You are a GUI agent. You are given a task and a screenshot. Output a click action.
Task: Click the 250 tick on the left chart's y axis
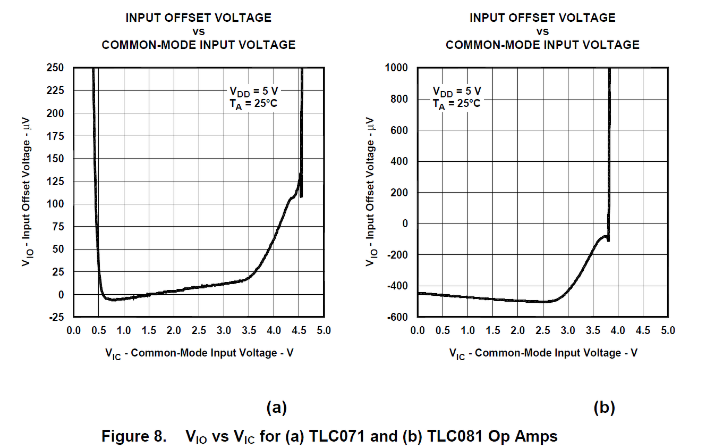[56, 68]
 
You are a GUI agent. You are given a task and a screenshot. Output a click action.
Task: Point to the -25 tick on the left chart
[56, 317]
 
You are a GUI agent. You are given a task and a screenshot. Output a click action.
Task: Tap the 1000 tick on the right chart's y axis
[396, 68]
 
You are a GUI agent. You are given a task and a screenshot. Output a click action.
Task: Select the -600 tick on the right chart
[397, 317]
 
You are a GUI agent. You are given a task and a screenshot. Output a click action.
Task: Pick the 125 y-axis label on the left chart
[56, 181]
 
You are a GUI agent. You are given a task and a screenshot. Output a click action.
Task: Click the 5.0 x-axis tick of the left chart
[324, 330]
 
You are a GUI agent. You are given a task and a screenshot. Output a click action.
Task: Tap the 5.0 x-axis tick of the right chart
[668, 330]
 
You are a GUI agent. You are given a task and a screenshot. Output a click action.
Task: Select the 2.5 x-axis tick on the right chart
[543, 330]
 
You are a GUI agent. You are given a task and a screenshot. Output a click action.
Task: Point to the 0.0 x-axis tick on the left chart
[74, 330]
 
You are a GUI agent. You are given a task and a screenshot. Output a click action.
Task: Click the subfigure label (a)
[276, 408]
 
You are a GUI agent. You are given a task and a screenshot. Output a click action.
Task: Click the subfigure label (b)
[604, 408]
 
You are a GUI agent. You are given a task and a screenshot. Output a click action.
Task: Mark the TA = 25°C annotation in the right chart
[456, 104]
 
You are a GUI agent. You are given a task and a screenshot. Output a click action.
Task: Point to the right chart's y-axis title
[371, 192]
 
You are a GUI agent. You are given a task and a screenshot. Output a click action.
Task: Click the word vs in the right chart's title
[542, 31]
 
